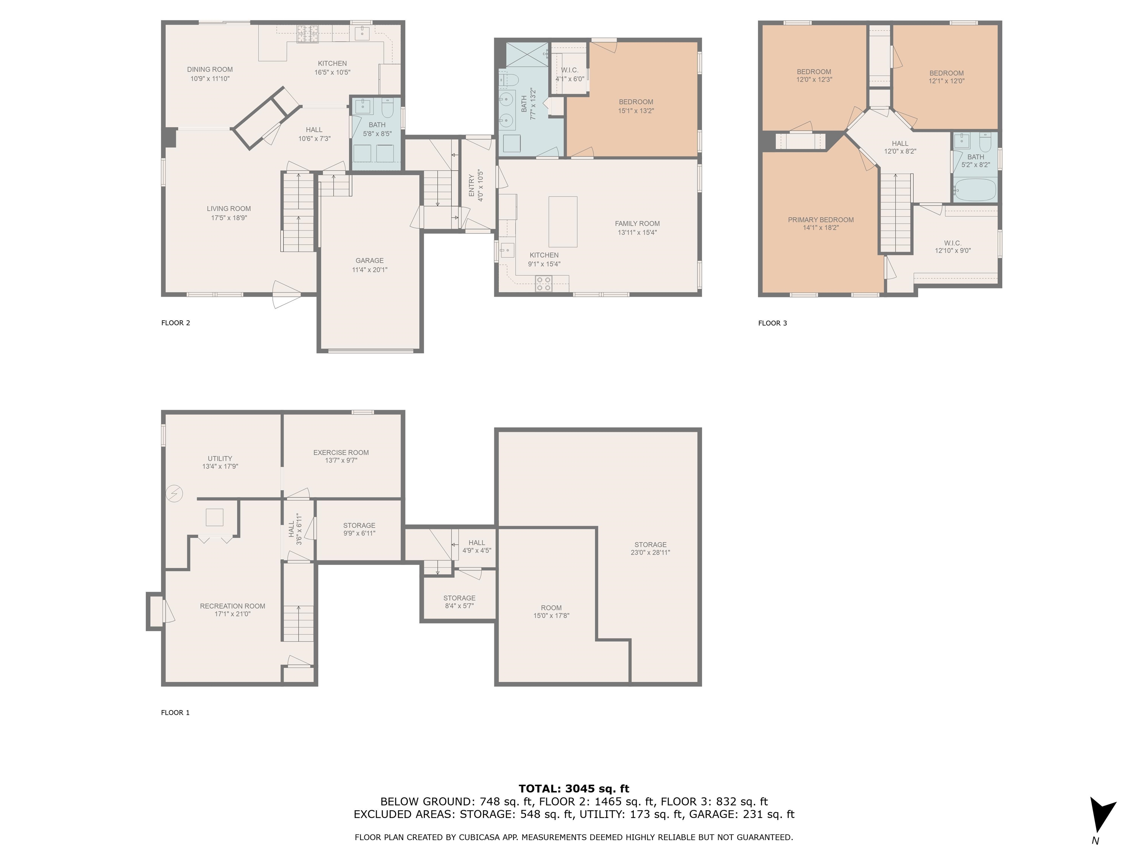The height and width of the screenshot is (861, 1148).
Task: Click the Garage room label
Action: click(x=370, y=260)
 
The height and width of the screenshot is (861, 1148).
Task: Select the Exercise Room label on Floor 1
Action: click(x=341, y=453)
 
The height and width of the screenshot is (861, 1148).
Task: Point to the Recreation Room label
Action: click(x=232, y=606)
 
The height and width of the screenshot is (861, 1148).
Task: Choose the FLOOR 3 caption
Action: click(x=772, y=323)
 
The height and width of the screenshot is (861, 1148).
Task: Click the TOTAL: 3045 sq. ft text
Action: click(x=574, y=789)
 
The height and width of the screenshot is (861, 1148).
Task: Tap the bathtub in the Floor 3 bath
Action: click(x=975, y=190)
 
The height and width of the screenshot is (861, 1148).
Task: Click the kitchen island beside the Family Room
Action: click(x=563, y=222)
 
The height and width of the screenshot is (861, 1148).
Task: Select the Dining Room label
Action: click(x=210, y=70)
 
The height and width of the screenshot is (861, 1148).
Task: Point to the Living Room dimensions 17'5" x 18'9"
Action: click(x=229, y=218)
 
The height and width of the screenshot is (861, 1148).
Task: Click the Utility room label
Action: click(x=220, y=459)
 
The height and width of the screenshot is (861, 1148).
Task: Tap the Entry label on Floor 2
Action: click(x=472, y=185)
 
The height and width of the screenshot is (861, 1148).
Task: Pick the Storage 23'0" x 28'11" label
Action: click(x=650, y=549)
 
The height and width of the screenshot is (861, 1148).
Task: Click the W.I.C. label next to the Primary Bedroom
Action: click(x=953, y=243)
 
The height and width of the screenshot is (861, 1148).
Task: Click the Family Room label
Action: click(x=637, y=224)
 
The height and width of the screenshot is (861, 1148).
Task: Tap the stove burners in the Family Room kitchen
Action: click(x=544, y=283)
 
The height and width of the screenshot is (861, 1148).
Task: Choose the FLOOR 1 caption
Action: click(x=175, y=713)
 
